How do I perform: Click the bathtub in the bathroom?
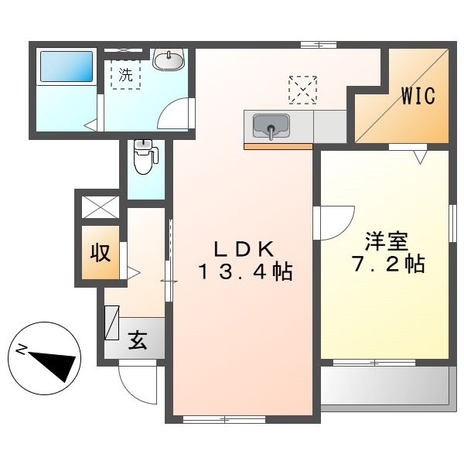click(x=65, y=67)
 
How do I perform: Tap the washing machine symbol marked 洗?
click(x=125, y=76)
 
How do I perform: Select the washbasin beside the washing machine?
click(x=168, y=59)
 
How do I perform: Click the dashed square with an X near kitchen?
click(x=302, y=89)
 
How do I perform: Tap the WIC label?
click(x=418, y=97)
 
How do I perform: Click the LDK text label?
click(x=243, y=248)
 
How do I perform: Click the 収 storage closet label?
click(x=101, y=252)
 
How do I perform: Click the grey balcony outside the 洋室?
click(x=384, y=385)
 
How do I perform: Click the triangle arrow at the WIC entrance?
click(x=420, y=156)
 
